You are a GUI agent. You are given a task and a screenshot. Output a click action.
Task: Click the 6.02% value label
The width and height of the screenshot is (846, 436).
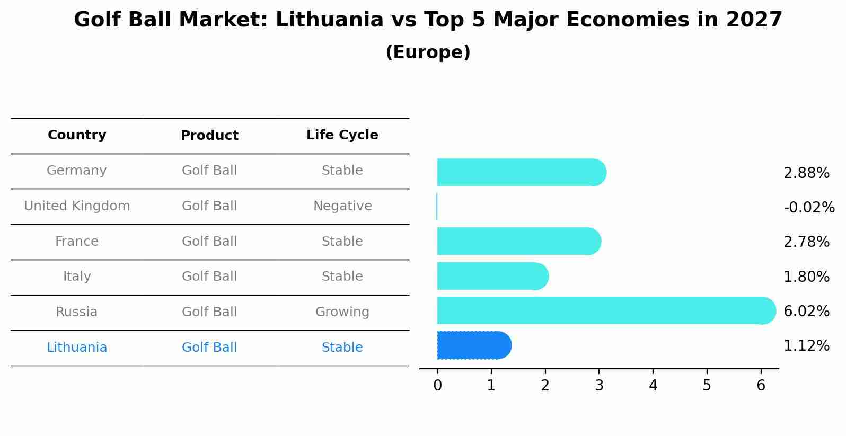click(806, 311)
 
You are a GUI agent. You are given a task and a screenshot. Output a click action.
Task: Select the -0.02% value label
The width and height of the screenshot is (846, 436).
click(809, 207)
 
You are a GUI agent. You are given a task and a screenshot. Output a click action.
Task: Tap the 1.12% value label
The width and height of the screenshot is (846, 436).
click(806, 346)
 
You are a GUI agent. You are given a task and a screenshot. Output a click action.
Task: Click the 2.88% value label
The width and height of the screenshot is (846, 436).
click(806, 173)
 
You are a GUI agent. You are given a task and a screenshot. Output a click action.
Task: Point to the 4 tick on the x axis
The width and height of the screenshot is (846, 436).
click(653, 386)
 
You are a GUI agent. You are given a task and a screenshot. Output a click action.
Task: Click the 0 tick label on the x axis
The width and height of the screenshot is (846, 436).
click(437, 386)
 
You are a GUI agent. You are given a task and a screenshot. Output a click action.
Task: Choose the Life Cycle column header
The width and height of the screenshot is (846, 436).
click(342, 135)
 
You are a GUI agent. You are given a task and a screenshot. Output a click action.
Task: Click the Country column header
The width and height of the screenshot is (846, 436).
click(77, 135)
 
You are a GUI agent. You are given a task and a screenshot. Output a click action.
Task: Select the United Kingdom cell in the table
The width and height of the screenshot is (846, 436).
click(77, 206)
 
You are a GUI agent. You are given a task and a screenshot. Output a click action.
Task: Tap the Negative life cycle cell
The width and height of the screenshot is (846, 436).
click(342, 206)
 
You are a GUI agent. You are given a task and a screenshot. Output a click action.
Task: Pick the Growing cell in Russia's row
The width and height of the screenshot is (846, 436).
click(342, 312)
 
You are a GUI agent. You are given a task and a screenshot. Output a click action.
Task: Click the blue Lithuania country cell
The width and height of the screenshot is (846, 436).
click(77, 348)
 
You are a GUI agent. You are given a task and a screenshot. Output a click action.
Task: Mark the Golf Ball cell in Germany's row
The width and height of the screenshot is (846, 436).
click(209, 171)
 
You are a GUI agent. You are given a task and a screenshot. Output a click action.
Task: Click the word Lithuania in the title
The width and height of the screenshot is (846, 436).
click(329, 20)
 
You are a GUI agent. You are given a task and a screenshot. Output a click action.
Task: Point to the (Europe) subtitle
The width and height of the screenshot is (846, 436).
click(428, 52)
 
